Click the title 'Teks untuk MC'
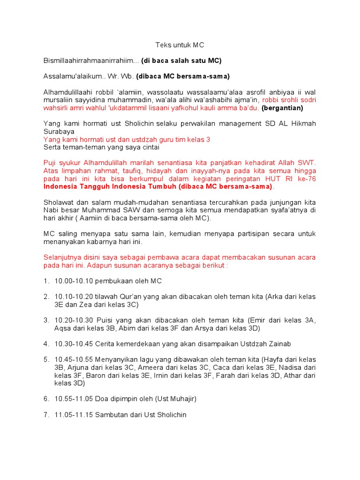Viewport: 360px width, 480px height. click(180, 45)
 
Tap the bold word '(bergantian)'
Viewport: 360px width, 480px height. click(283, 108)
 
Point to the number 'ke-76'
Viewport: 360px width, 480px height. click(307, 179)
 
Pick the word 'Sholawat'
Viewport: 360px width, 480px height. click(58, 202)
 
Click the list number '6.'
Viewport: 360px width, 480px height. click(46, 398)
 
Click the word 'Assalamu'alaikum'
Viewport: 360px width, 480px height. click(71, 76)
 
